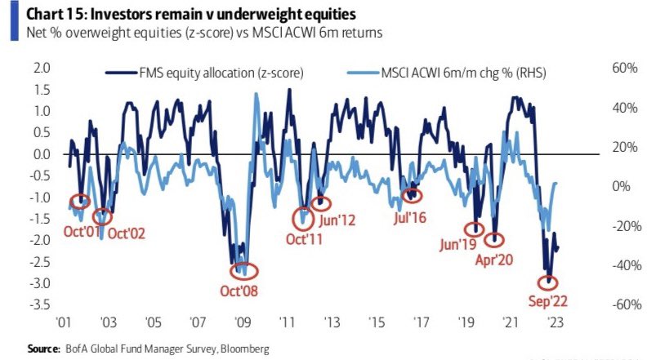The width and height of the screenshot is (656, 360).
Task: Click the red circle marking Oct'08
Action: (243, 270)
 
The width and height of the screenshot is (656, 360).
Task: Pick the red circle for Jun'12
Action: (322, 203)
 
